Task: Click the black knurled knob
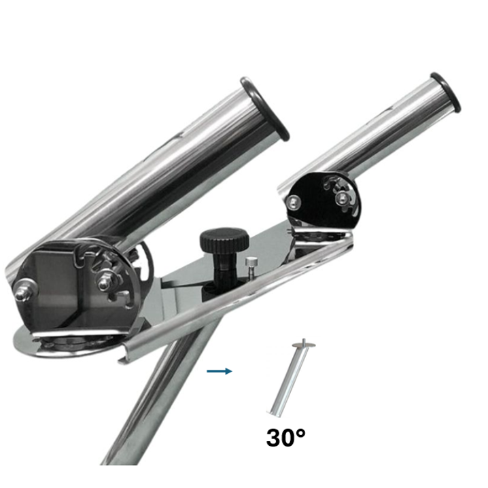(x=224, y=241)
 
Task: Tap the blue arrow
(x=220, y=371)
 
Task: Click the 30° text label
(x=285, y=438)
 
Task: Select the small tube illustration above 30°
(x=291, y=378)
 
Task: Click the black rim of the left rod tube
(x=264, y=109)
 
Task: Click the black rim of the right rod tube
(x=446, y=92)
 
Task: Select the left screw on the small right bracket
(x=293, y=203)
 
